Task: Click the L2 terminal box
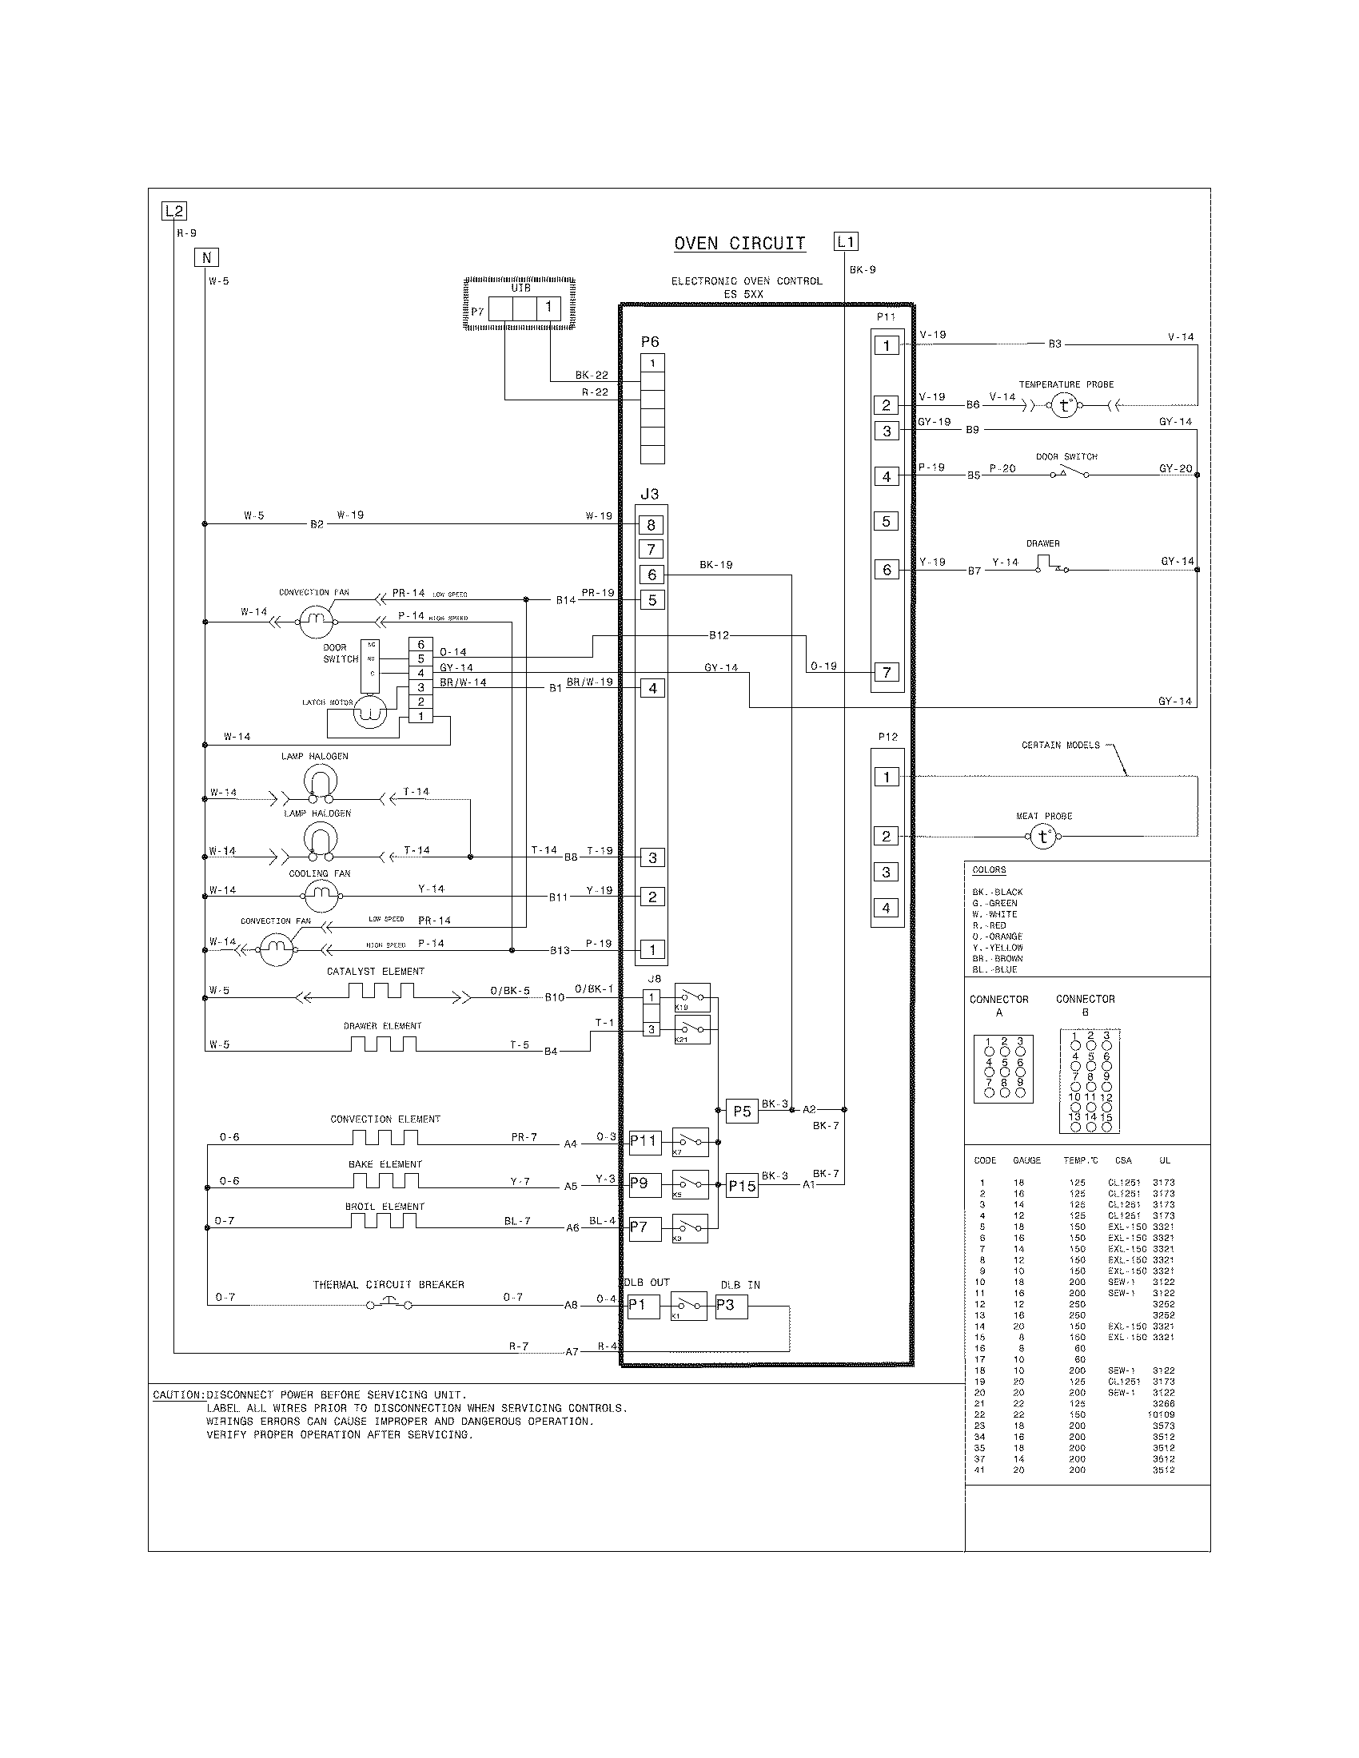(174, 212)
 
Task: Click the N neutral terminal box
(206, 257)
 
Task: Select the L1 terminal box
(845, 241)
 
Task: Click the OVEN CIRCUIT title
(739, 244)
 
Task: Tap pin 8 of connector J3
(652, 525)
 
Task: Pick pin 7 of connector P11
(887, 672)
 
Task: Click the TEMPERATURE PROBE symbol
(1064, 406)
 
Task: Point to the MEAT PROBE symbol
(1043, 837)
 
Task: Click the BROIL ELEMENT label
(385, 1207)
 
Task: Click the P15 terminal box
(742, 1187)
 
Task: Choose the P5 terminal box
(742, 1111)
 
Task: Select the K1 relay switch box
(688, 1306)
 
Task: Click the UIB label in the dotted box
(520, 288)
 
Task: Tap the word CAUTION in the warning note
(178, 1395)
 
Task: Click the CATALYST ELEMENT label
(375, 972)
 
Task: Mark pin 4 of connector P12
(887, 908)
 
